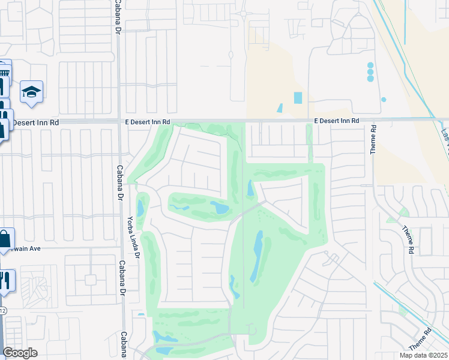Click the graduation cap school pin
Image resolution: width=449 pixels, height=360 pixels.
coord(31,92)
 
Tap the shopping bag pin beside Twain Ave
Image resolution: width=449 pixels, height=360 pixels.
coord(5,239)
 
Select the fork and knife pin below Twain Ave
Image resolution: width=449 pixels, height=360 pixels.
coord(5,280)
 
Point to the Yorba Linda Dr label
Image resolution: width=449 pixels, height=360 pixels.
coord(133,238)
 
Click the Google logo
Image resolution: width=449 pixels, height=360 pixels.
coord(20,353)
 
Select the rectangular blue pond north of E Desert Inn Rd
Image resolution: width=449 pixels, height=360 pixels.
coord(298,97)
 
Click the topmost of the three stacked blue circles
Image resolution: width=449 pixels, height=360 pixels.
coord(370,65)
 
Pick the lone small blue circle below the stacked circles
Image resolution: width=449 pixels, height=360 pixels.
coord(384,100)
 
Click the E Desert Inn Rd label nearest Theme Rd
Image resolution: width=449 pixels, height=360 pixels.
coord(337,121)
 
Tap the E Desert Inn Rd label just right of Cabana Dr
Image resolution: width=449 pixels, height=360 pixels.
coord(148,122)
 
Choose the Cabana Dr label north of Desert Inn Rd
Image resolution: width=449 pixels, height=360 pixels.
coord(116,17)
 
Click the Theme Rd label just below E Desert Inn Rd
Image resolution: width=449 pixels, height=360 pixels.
coord(373,140)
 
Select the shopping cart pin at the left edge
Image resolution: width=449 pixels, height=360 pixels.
coord(4,74)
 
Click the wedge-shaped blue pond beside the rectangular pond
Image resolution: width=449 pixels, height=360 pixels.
coord(280,109)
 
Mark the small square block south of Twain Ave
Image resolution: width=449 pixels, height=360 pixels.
coord(90,280)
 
